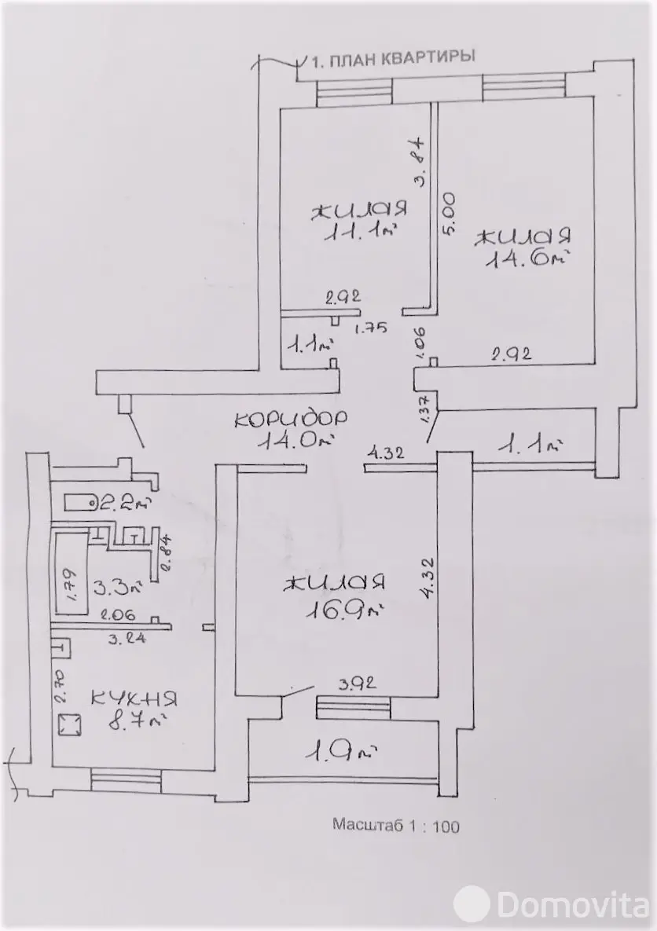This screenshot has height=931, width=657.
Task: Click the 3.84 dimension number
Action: [420, 162]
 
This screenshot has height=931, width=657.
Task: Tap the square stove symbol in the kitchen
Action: [69, 724]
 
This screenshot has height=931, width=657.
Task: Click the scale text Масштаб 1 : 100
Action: [396, 825]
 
